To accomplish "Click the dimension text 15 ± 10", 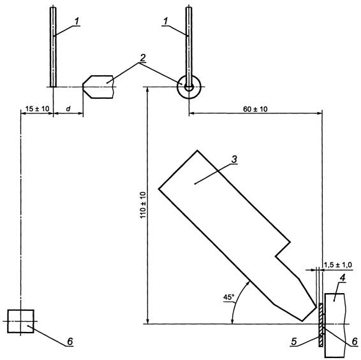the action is pyautogui.click(x=37, y=108).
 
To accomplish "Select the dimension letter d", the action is pyautogui.click(x=68, y=108).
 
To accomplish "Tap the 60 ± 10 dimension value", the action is pyautogui.click(x=255, y=109).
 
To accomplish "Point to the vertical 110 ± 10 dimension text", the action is pyautogui.click(x=143, y=205).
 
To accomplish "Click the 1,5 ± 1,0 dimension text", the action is pyautogui.click(x=338, y=265).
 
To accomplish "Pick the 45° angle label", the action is pyautogui.click(x=228, y=297).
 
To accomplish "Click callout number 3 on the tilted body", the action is pyautogui.click(x=234, y=159).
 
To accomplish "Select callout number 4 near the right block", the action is pyautogui.click(x=343, y=278).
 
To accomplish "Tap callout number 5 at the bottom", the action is pyautogui.click(x=294, y=342).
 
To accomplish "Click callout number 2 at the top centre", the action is pyautogui.click(x=143, y=58).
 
